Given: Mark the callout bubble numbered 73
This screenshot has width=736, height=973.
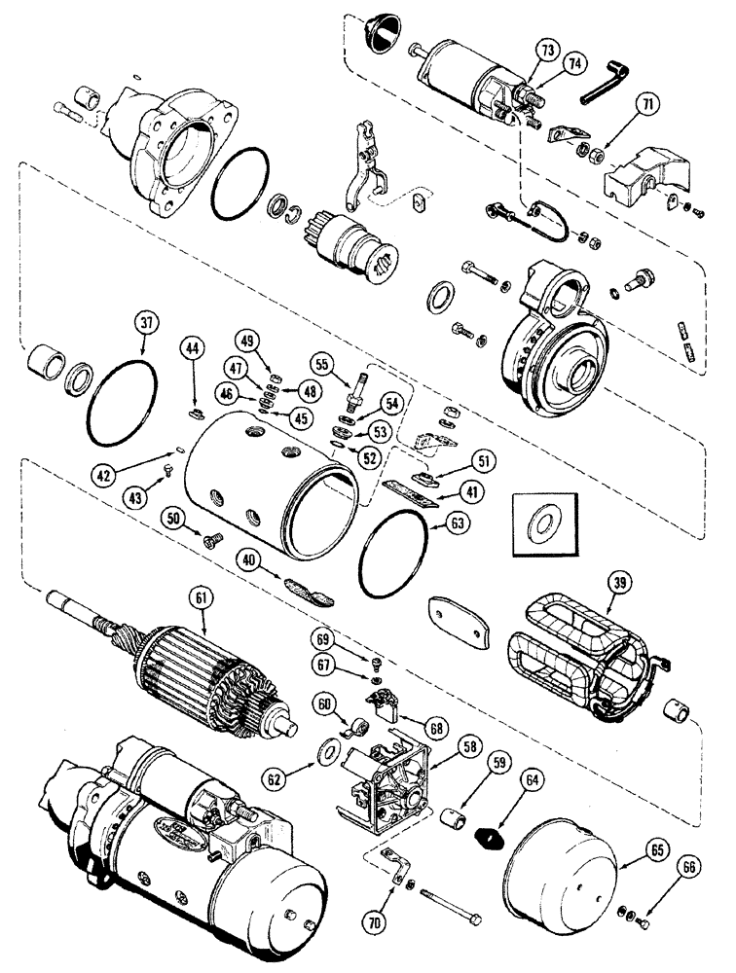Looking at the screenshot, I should tap(543, 49).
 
